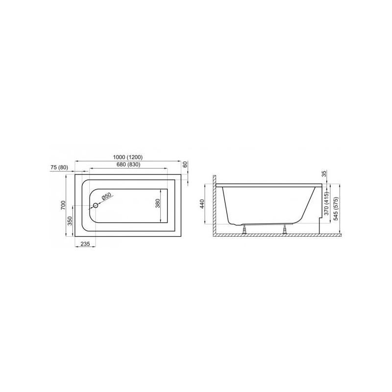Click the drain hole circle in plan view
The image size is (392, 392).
pos(96,205)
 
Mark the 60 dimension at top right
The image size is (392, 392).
pos(185,165)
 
